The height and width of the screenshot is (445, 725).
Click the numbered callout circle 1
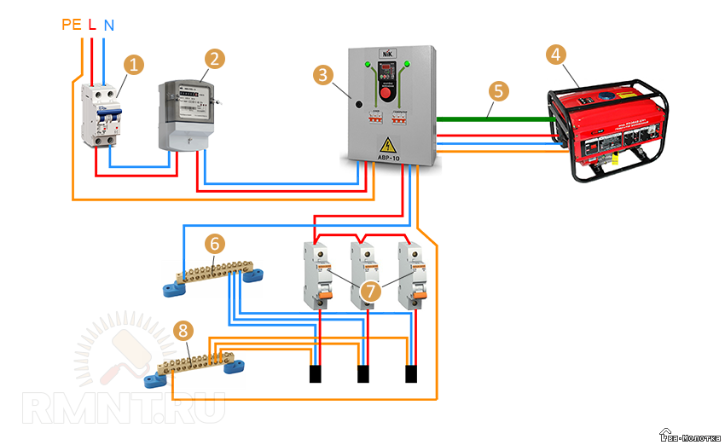tap(132, 63)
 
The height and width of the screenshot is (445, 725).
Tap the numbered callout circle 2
tap(216, 59)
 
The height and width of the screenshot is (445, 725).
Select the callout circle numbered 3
tap(323, 76)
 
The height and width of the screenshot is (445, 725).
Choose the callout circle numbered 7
tap(369, 291)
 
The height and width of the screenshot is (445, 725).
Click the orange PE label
tap(72, 25)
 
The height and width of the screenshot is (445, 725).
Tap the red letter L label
tap(91, 25)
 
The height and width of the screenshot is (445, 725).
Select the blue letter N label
tap(108, 25)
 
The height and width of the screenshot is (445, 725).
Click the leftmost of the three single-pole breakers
tap(316, 275)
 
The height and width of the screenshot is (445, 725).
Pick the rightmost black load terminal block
tap(411, 373)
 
